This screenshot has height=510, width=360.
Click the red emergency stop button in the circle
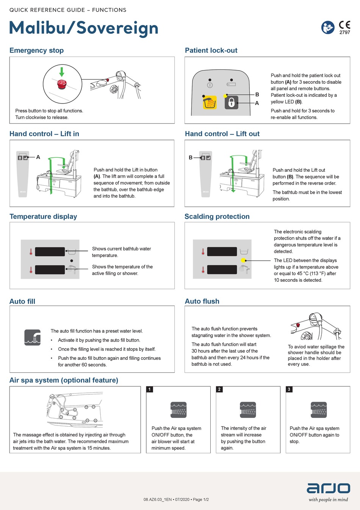coord(61,84)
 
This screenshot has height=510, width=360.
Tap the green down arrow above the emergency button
coord(62,71)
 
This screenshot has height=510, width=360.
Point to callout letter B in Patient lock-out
coord(257,94)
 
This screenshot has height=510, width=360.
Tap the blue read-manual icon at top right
coord(328,27)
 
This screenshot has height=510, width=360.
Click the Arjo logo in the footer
coord(328,488)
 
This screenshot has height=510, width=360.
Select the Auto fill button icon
coord(33,337)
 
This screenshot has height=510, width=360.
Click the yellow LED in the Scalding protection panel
coord(243,260)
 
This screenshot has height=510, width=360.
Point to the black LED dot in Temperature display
coord(72,261)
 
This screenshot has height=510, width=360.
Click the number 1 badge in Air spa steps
coord(150,389)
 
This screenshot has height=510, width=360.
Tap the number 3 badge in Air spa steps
coord(289,389)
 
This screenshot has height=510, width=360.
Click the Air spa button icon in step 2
coord(248,410)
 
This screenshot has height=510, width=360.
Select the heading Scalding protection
coord(217,217)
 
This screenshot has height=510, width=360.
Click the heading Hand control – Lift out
coord(222,134)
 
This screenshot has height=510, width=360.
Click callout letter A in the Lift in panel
coord(38,157)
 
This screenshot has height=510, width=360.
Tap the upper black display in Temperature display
coord(50,251)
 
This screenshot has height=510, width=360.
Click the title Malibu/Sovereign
coord(84,28)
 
